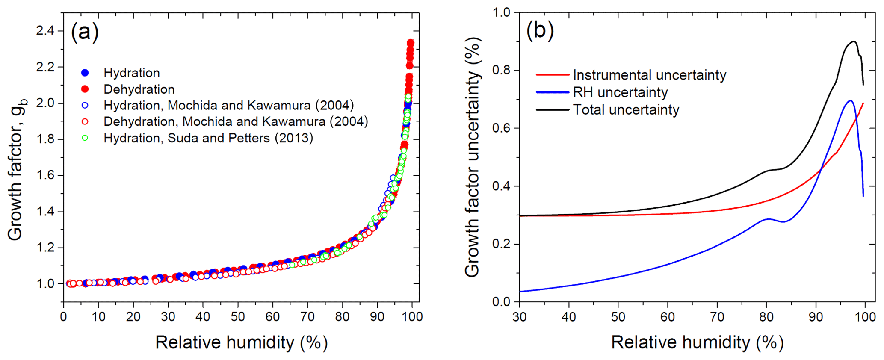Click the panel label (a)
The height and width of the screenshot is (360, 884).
(84, 32)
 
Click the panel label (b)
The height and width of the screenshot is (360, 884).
(540, 30)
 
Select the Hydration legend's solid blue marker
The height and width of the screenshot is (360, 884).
(85, 73)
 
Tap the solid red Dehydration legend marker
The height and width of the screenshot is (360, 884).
(85, 89)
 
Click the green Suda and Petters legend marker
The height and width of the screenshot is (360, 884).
(85, 138)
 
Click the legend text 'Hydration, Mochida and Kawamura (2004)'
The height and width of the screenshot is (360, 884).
(228, 105)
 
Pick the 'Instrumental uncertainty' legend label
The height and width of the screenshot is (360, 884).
(649, 75)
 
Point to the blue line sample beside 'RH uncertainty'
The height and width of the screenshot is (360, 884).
(552, 92)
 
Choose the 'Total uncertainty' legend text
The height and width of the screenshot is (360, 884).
(626, 110)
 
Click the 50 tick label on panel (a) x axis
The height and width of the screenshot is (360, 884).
(238, 317)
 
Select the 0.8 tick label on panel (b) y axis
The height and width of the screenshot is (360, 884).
(501, 71)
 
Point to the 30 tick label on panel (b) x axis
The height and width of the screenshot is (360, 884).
(519, 317)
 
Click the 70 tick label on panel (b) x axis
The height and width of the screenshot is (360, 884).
(717, 317)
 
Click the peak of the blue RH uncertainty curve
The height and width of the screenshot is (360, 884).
(850, 101)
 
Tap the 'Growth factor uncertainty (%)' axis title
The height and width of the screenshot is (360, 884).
(473, 157)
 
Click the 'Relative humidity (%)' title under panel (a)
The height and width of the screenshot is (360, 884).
(241, 342)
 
